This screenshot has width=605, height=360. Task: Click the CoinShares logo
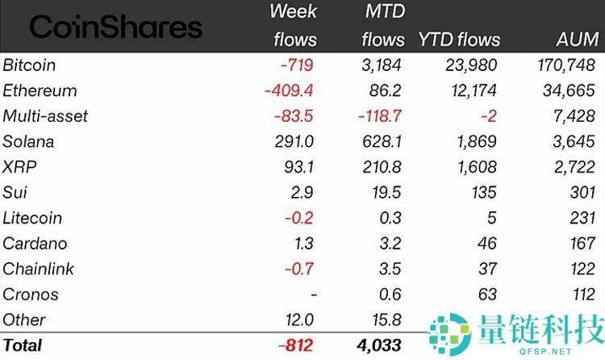pos(115,27)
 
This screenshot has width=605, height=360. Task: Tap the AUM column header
pos(577,39)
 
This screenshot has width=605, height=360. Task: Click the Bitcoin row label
pos(29,65)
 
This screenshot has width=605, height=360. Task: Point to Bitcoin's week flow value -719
pos(296,65)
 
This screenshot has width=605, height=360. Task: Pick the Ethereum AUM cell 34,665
pos(571,90)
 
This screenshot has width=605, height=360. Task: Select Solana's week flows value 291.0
pos(293,142)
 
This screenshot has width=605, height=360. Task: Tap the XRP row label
pos(20,167)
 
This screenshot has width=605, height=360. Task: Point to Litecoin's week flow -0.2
pos(300,218)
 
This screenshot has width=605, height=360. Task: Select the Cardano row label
pos(35,244)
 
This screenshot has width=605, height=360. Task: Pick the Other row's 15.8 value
pos(388,320)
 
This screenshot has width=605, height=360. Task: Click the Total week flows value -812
pos(296,345)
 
